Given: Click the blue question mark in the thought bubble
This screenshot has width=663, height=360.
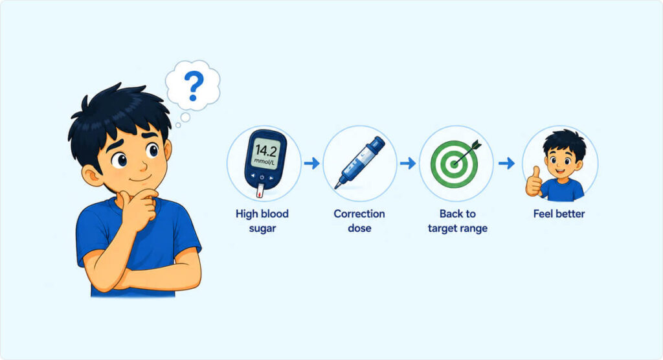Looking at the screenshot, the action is click(x=194, y=85).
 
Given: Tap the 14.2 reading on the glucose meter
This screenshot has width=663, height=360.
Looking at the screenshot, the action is click(x=265, y=151).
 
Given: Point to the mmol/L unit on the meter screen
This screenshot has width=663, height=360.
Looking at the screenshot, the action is click(x=265, y=162).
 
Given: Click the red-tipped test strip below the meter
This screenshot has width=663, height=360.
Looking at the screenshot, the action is click(x=260, y=191).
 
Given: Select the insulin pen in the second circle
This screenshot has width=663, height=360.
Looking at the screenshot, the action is click(x=360, y=162).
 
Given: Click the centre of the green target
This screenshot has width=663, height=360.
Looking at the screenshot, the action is click(x=454, y=164).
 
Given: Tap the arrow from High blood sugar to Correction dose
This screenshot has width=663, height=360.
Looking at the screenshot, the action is click(x=311, y=163).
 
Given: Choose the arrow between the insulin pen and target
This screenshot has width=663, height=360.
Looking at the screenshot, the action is click(x=408, y=163).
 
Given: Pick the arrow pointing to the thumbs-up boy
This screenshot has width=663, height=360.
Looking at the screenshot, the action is click(x=506, y=163).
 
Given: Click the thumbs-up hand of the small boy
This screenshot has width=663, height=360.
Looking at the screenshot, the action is click(x=534, y=182).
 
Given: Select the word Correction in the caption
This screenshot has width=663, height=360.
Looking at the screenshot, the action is click(x=359, y=214).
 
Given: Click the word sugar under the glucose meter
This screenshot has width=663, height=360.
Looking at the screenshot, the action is click(x=262, y=229).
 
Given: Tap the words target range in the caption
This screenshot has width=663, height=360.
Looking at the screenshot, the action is click(x=458, y=229).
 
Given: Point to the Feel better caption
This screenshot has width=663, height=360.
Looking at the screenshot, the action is click(x=559, y=214).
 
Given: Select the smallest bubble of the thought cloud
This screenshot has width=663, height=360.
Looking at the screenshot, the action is click(x=178, y=125).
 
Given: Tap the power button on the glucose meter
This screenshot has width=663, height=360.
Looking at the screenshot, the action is click(x=262, y=177).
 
